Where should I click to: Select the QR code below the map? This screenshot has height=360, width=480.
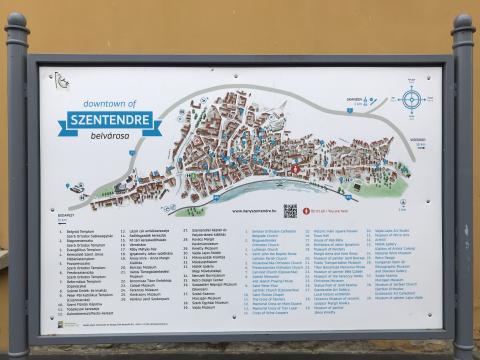click(x=290, y=211)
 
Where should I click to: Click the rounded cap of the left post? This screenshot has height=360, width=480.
click(x=16, y=24)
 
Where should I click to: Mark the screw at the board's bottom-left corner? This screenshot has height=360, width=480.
click(x=48, y=327)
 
